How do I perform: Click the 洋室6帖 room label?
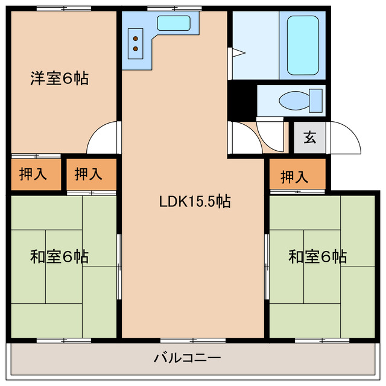60,78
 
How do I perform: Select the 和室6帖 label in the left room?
60,257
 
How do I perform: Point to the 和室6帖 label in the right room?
317,257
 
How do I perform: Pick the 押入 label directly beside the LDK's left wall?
89,175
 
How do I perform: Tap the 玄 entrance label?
309,138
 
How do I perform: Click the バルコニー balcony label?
187,358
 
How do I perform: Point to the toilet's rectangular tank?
316,100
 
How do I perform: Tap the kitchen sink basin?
174,24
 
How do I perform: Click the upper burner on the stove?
136,34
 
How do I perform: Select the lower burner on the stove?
136,48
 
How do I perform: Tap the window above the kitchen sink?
166,7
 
